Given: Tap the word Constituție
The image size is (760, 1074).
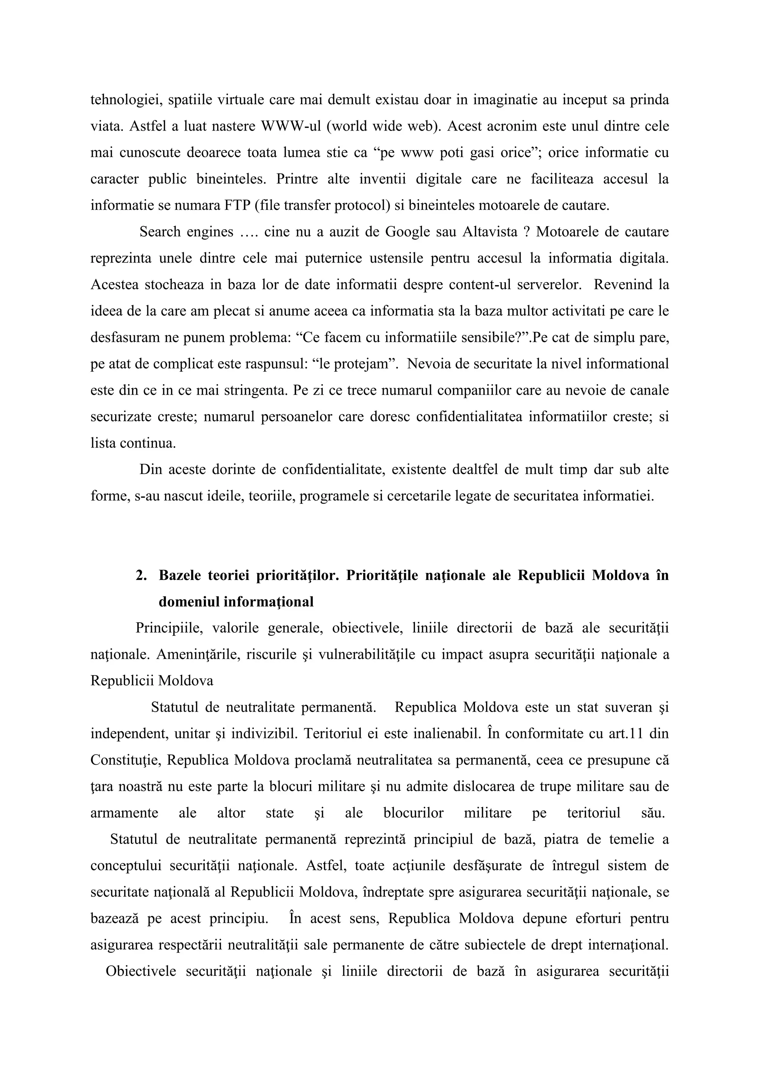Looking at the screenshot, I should pos(125,760).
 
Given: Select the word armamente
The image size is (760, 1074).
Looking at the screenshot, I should pos(124,813).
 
